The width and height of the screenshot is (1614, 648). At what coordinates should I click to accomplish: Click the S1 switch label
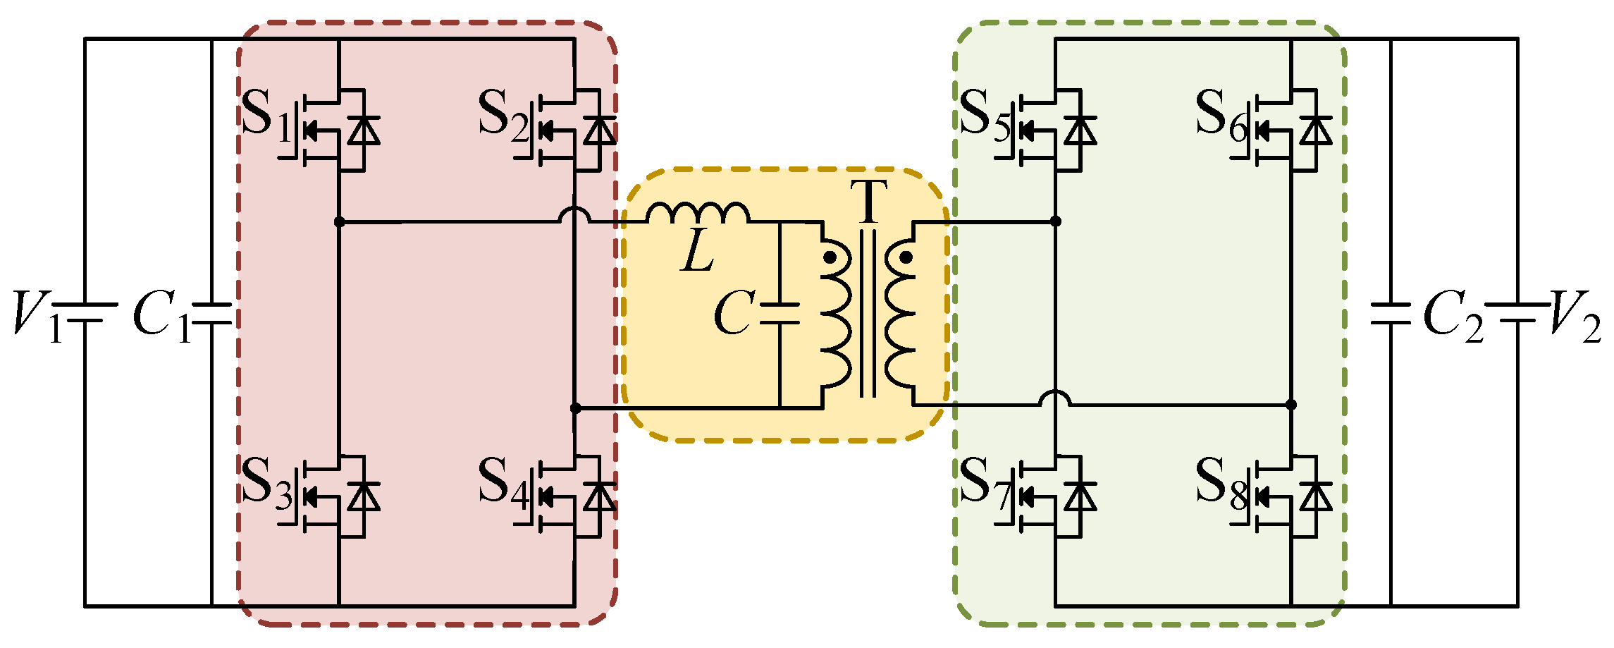[x=266, y=116]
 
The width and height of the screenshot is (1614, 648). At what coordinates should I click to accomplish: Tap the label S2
[x=503, y=116]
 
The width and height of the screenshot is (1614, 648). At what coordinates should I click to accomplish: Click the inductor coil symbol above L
[x=698, y=212]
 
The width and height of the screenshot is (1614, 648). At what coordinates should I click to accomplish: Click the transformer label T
[x=868, y=202]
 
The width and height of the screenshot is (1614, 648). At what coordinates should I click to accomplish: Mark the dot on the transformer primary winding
[x=830, y=257]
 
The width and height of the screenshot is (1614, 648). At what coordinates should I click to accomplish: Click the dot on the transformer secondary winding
[x=906, y=257]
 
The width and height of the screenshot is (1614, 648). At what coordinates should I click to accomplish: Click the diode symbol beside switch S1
[x=364, y=130]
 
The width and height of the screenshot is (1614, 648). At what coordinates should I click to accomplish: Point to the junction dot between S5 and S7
[x=1055, y=221]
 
